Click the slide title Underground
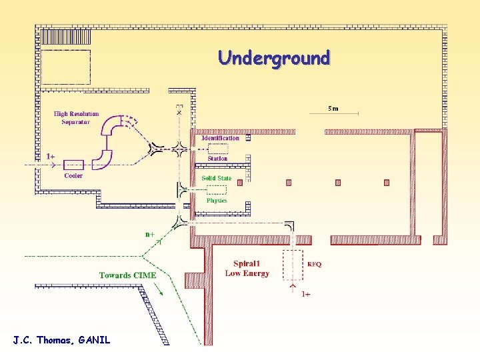point(273,58)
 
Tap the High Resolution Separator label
point(76,118)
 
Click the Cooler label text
point(73,176)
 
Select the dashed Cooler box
point(73,164)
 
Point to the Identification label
point(221,138)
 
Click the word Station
point(217,159)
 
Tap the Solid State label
point(217,178)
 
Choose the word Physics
point(217,200)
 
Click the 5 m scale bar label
point(333,108)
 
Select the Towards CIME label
point(127,275)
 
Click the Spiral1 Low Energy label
point(247,269)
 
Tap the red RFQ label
point(314,264)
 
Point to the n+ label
point(151,234)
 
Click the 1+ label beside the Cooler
point(51,157)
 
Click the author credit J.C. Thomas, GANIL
point(61,340)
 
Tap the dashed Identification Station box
point(218,149)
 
